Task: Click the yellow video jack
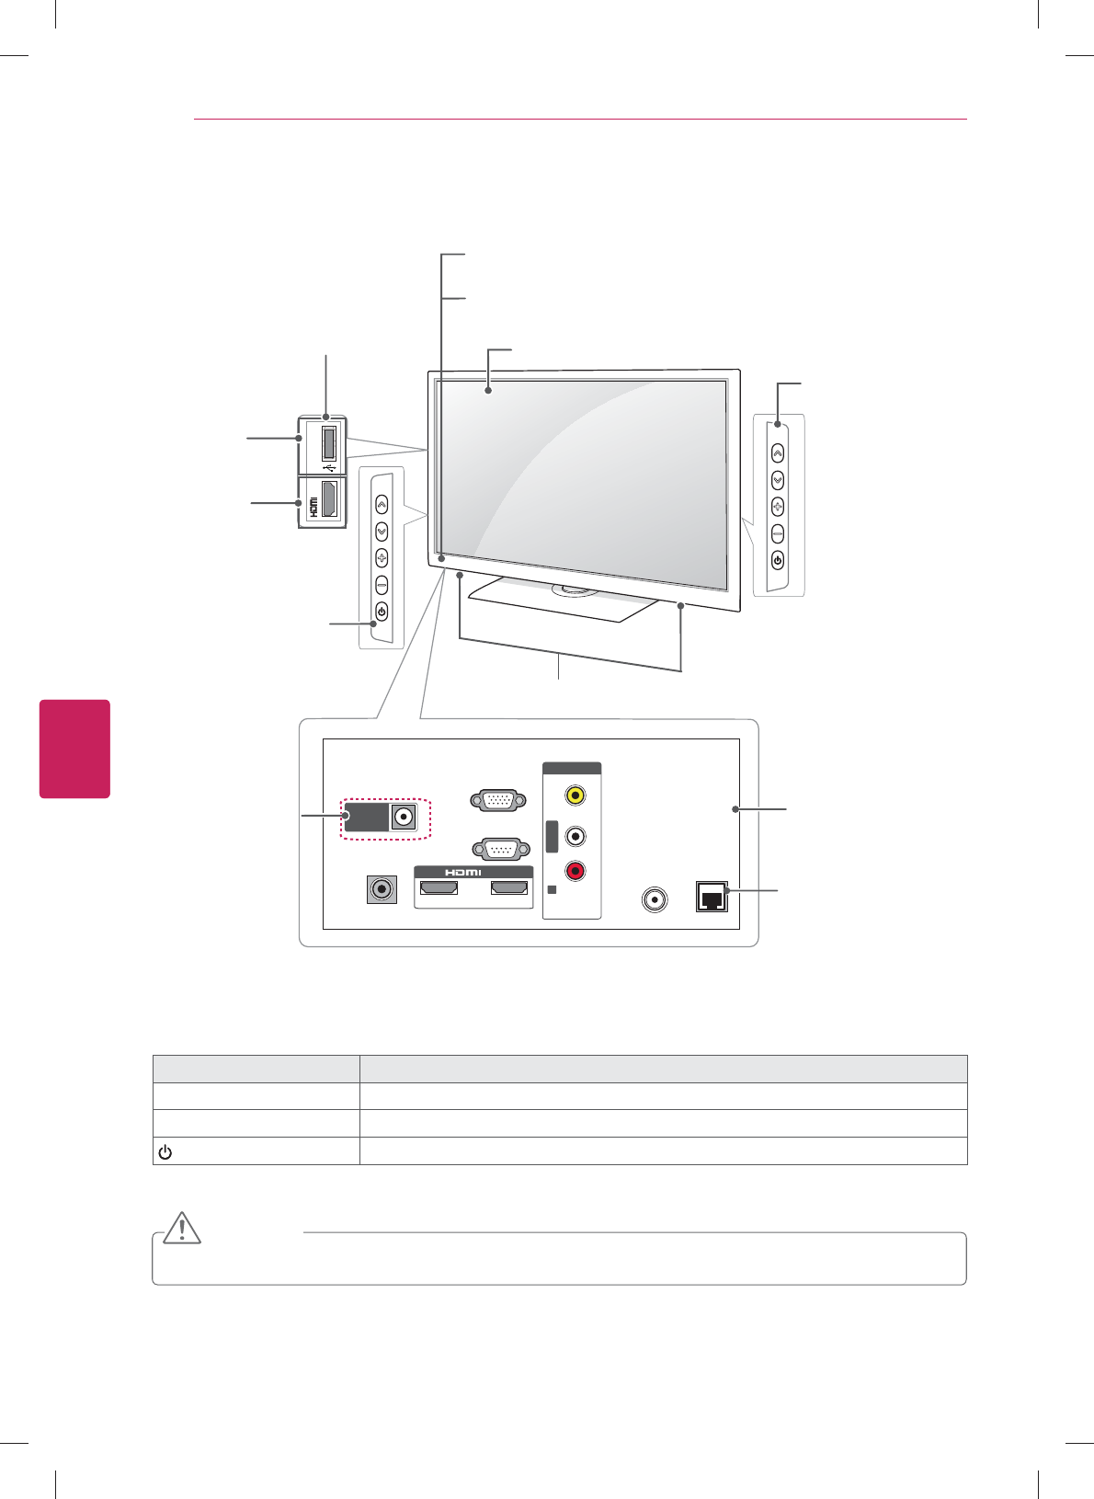(x=575, y=794)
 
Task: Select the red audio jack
(x=575, y=870)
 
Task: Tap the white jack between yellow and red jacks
(x=575, y=836)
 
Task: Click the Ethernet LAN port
(x=712, y=897)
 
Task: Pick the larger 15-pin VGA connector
(x=497, y=800)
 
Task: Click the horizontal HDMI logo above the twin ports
(x=463, y=872)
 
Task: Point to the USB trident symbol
(x=328, y=466)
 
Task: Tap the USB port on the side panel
(x=328, y=441)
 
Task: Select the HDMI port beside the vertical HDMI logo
(x=329, y=498)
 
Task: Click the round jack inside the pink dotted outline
(x=403, y=817)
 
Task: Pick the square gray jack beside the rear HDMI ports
(x=382, y=889)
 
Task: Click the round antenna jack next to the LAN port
(x=654, y=898)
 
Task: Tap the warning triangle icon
(x=183, y=1229)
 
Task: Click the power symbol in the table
(x=165, y=1151)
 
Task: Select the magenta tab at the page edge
(x=74, y=749)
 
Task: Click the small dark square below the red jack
(x=551, y=890)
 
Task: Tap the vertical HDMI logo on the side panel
(x=313, y=506)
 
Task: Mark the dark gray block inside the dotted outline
(x=367, y=817)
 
